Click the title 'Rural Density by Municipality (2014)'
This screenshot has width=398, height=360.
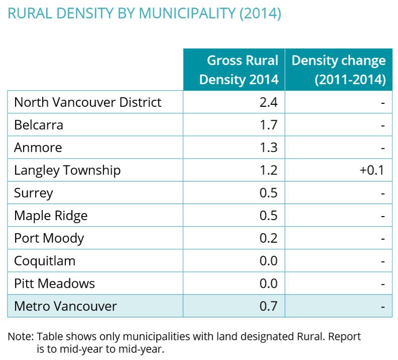point(144,14)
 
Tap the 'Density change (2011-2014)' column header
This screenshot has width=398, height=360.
point(339,70)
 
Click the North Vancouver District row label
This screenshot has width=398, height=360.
point(88,102)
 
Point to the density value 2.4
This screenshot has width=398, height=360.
point(268,102)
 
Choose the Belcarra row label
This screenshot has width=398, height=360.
point(39,125)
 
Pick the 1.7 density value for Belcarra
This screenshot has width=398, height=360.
point(269,125)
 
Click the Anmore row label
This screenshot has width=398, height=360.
point(38,147)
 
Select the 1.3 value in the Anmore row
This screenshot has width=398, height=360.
point(269,147)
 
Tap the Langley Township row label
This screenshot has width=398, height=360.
point(67,170)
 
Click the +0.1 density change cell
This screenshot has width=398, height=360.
point(371,170)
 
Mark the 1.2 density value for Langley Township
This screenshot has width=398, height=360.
point(269,170)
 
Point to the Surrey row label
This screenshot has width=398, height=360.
point(34,193)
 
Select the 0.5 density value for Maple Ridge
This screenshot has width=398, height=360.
point(269,216)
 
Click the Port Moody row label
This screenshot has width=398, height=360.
point(49,238)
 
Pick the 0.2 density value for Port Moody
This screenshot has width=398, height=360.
point(269,238)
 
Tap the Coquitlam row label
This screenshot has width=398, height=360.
point(45,261)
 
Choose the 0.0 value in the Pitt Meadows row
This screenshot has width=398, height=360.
point(269,283)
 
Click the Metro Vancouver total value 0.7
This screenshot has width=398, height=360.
point(269,306)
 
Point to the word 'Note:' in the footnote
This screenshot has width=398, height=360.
point(21,336)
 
